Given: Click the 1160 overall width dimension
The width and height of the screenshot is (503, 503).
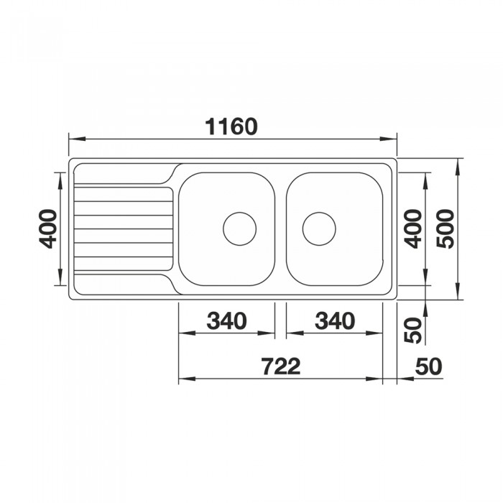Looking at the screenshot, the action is tap(231, 126).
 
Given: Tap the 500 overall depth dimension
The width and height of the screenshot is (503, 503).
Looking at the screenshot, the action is tap(446, 229).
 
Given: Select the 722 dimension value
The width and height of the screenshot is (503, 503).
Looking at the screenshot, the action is tap(281, 366).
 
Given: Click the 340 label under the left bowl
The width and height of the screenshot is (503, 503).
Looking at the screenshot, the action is tap(227, 320).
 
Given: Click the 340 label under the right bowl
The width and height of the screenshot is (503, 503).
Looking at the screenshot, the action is tap(335, 320).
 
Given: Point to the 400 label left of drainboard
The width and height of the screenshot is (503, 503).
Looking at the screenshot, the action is tap(47, 229).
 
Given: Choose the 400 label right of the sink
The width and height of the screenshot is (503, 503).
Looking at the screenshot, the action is tap(412, 229).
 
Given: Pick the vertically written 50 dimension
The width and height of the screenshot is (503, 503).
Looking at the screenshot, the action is tap(412, 331).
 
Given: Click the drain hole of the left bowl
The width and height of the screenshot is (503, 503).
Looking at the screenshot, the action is tap(239, 229).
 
